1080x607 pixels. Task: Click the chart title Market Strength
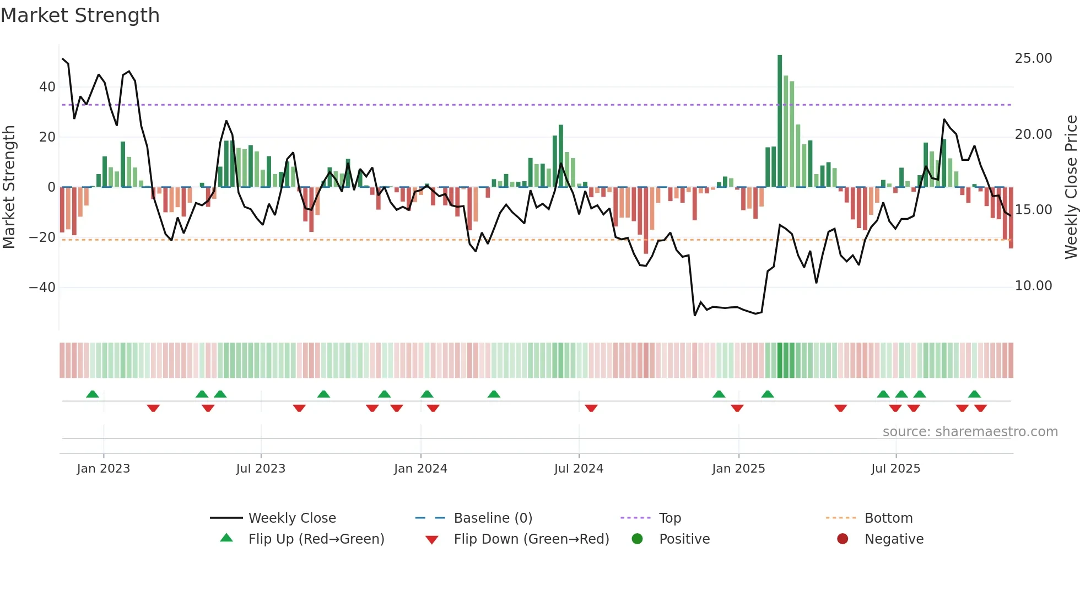click(80, 15)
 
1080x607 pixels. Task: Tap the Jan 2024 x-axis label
click(420, 469)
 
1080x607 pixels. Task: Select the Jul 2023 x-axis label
click(261, 469)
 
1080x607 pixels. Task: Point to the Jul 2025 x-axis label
click(895, 469)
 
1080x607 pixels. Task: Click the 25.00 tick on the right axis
click(1033, 58)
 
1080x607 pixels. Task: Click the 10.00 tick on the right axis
click(1033, 286)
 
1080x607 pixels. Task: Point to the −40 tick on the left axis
click(42, 288)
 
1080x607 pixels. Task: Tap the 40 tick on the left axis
click(47, 87)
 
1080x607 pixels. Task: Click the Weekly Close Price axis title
click(1071, 187)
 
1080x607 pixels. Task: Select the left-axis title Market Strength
click(9, 187)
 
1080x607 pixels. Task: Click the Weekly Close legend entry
click(291, 518)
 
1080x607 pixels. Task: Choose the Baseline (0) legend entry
click(493, 518)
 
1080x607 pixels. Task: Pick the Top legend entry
click(669, 518)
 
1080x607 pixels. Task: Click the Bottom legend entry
click(888, 518)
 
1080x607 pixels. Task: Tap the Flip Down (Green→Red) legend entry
click(531, 539)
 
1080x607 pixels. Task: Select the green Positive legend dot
click(637, 539)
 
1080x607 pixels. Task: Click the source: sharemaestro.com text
click(970, 432)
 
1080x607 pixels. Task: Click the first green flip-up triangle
click(93, 394)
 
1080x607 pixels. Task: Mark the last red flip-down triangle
click(980, 408)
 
